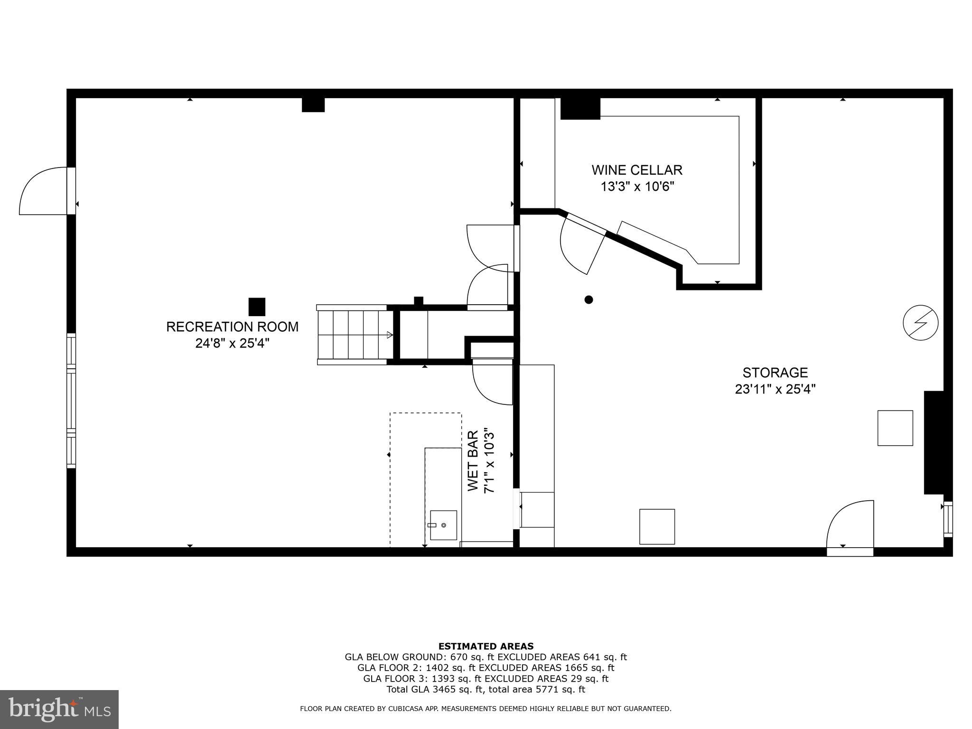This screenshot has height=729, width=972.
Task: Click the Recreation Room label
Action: coord(232,327)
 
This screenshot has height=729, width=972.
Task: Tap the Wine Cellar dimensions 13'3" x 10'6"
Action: coord(637,187)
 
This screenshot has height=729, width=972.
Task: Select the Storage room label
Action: coord(775,373)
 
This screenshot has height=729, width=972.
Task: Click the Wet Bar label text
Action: coord(473,461)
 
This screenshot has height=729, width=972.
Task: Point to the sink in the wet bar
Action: coord(443,525)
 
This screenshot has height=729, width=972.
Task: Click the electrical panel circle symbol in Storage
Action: coord(920,323)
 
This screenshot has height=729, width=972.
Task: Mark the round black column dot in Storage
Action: coord(589,299)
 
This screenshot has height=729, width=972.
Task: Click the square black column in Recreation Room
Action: coord(257,307)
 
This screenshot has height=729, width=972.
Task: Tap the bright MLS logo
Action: coord(59,709)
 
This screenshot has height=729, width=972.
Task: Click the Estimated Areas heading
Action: coord(486,646)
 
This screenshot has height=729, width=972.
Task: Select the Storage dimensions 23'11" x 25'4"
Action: coord(775,389)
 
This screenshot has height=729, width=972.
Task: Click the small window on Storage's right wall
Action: coord(947,519)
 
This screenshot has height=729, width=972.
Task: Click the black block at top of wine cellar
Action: coord(580,108)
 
